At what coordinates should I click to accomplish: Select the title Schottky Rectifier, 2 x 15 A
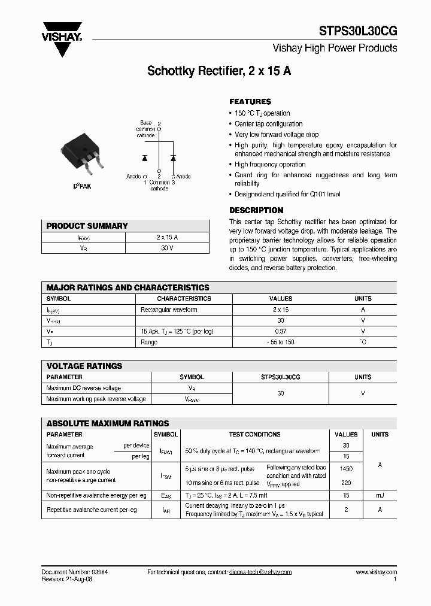[x=219, y=71]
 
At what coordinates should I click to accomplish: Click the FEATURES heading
[x=250, y=102]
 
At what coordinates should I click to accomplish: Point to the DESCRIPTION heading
[x=256, y=210]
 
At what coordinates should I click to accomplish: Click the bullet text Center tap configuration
[x=269, y=124]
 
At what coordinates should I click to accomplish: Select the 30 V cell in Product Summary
[x=167, y=248]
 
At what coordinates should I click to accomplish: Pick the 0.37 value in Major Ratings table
[x=281, y=331]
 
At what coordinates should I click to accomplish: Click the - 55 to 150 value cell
[x=281, y=342]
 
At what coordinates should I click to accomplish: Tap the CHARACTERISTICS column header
[x=184, y=298]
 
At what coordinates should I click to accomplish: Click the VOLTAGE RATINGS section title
[x=84, y=366]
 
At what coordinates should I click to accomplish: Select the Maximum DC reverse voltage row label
[x=83, y=388]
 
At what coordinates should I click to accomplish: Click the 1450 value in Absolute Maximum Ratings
[x=346, y=469]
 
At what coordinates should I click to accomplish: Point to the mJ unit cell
[x=380, y=495]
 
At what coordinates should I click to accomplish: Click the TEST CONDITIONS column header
[x=254, y=434]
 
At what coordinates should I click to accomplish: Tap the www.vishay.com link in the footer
[x=376, y=572]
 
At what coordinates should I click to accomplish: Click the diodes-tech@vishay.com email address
[x=260, y=572]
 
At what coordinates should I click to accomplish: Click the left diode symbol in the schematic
[x=144, y=158]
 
